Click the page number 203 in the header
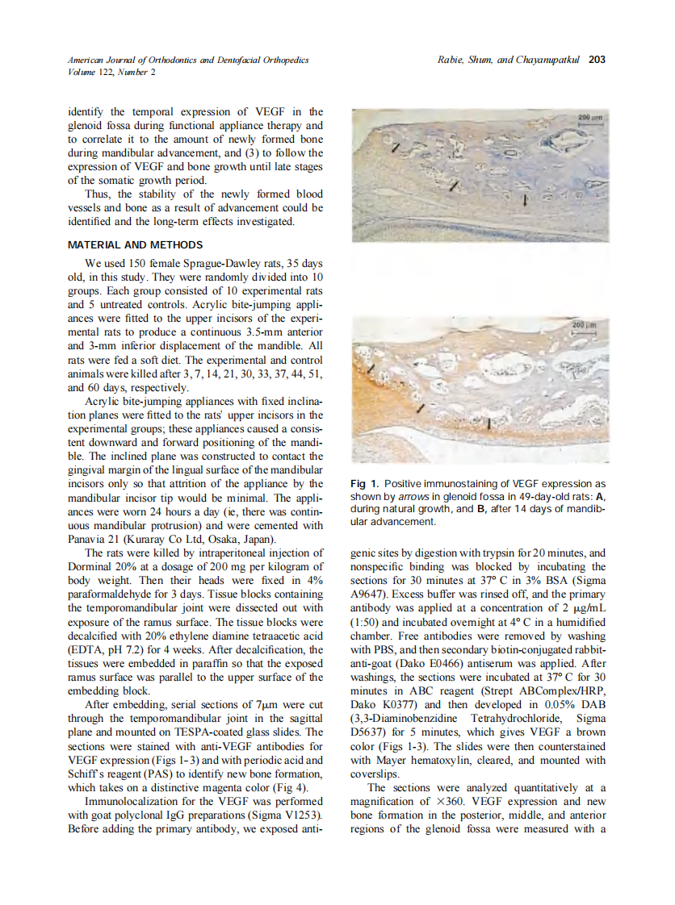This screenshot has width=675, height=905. [597, 59]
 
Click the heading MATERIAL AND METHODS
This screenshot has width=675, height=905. [136, 244]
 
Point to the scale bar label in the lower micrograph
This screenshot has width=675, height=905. [585, 323]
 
